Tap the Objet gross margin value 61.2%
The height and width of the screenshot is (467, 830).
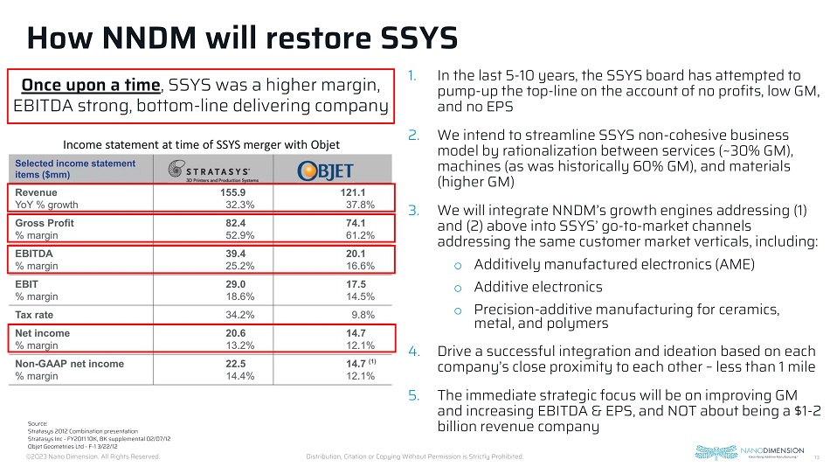click(360, 235)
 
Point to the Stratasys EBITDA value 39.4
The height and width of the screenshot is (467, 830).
click(238, 254)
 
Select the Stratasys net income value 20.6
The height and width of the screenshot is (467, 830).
click(238, 333)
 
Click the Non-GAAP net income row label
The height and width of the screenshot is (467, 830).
click(70, 364)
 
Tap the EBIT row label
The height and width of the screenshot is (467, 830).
click(28, 284)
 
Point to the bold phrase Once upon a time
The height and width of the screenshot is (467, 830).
click(92, 85)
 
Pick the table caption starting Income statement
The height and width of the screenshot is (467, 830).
click(202, 143)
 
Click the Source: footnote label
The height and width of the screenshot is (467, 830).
click(38, 422)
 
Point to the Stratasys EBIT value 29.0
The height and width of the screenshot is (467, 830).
click(238, 284)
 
